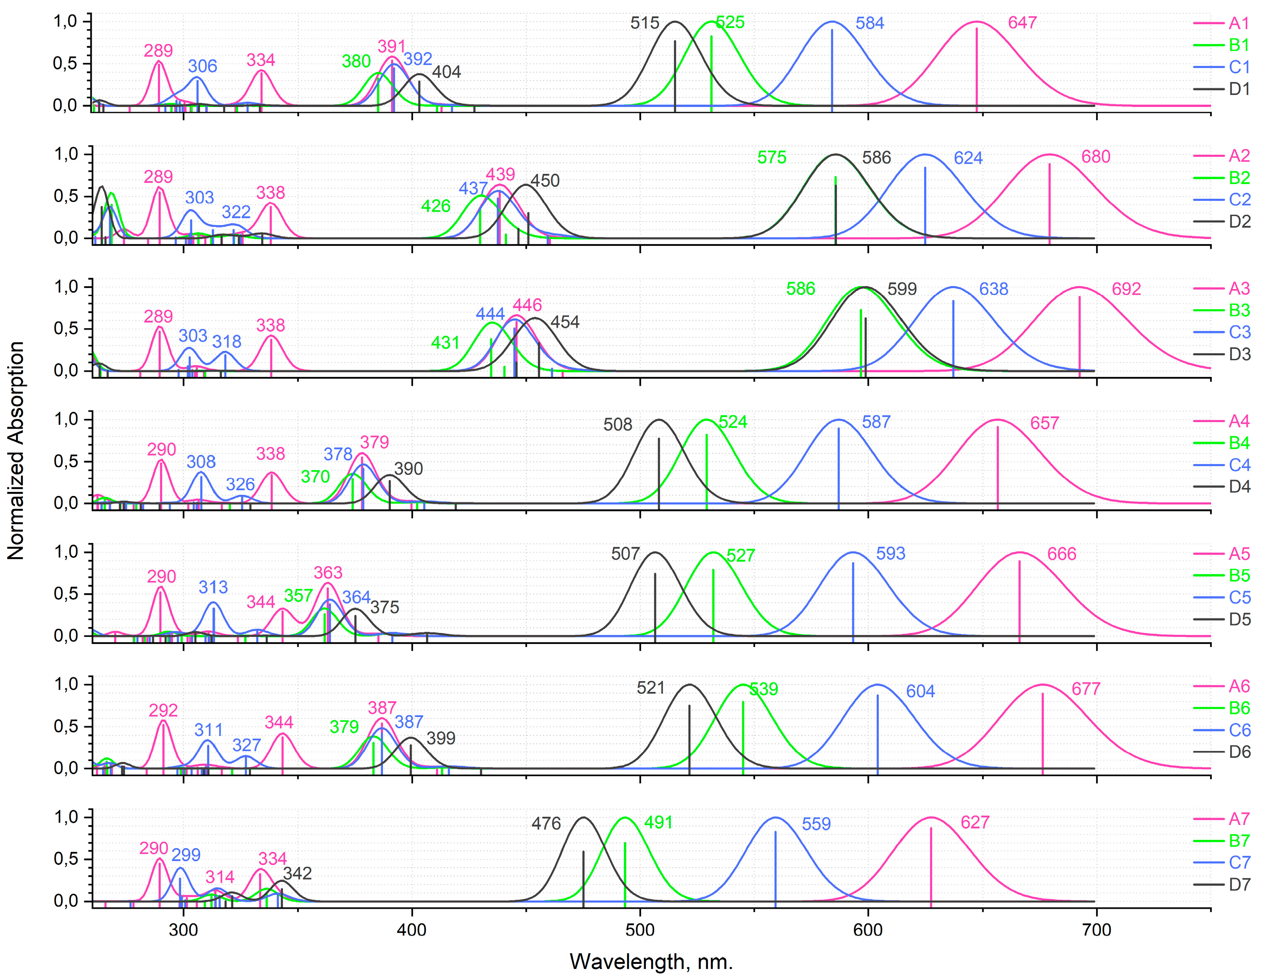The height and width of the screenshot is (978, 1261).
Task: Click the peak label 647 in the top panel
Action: coord(1022,23)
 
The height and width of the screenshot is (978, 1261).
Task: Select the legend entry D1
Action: coord(1239,89)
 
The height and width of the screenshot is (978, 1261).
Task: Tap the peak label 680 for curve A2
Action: coord(1095,157)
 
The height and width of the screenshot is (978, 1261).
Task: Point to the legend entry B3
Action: coord(1239,310)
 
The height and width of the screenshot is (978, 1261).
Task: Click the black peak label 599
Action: coord(902,289)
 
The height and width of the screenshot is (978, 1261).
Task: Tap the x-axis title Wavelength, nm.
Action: coord(651,962)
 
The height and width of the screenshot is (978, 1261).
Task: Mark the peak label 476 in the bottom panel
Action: coord(546,823)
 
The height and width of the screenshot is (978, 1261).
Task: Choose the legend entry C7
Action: coord(1239,863)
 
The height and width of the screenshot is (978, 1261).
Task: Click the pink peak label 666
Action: coord(1061,554)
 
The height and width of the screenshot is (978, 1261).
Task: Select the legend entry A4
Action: coord(1239,421)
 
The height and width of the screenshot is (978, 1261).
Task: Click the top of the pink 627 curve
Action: coord(930,817)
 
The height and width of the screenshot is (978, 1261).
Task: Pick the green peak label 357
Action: coord(298,595)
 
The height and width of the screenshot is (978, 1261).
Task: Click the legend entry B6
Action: coord(1239,708)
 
